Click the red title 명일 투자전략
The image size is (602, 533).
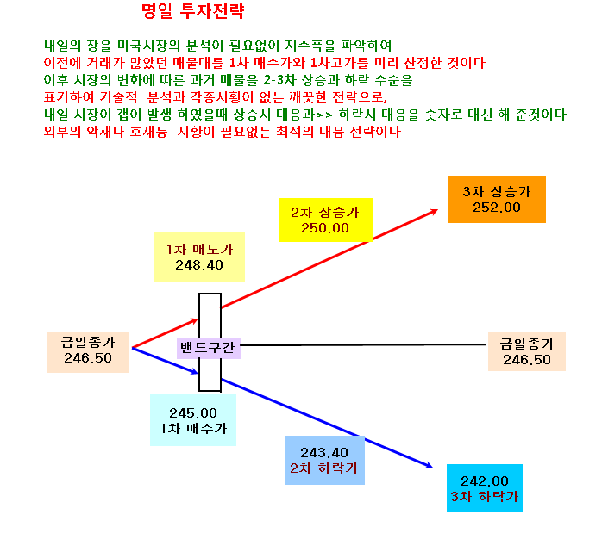pos(192,11)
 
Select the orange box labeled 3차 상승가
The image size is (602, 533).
pos(497,199)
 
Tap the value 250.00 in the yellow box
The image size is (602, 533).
pos(325,228)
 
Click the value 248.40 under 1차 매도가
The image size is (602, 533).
pos(199,264)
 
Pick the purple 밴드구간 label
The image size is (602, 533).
pos(209,348)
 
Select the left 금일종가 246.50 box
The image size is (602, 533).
pos(88,352)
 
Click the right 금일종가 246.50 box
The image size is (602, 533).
pos(527,352)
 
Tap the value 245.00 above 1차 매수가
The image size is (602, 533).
pos(193,413)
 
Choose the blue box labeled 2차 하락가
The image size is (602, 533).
pos(324,460)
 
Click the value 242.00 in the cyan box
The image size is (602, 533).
pos(485,480)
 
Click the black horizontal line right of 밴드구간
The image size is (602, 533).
pos(363,345)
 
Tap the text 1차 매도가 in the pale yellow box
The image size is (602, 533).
pos(199,250)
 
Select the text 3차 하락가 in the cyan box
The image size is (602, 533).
pos(485,497)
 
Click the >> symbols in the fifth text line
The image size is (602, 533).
pos(323,115)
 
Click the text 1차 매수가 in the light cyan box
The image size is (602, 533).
pos(193,429)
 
